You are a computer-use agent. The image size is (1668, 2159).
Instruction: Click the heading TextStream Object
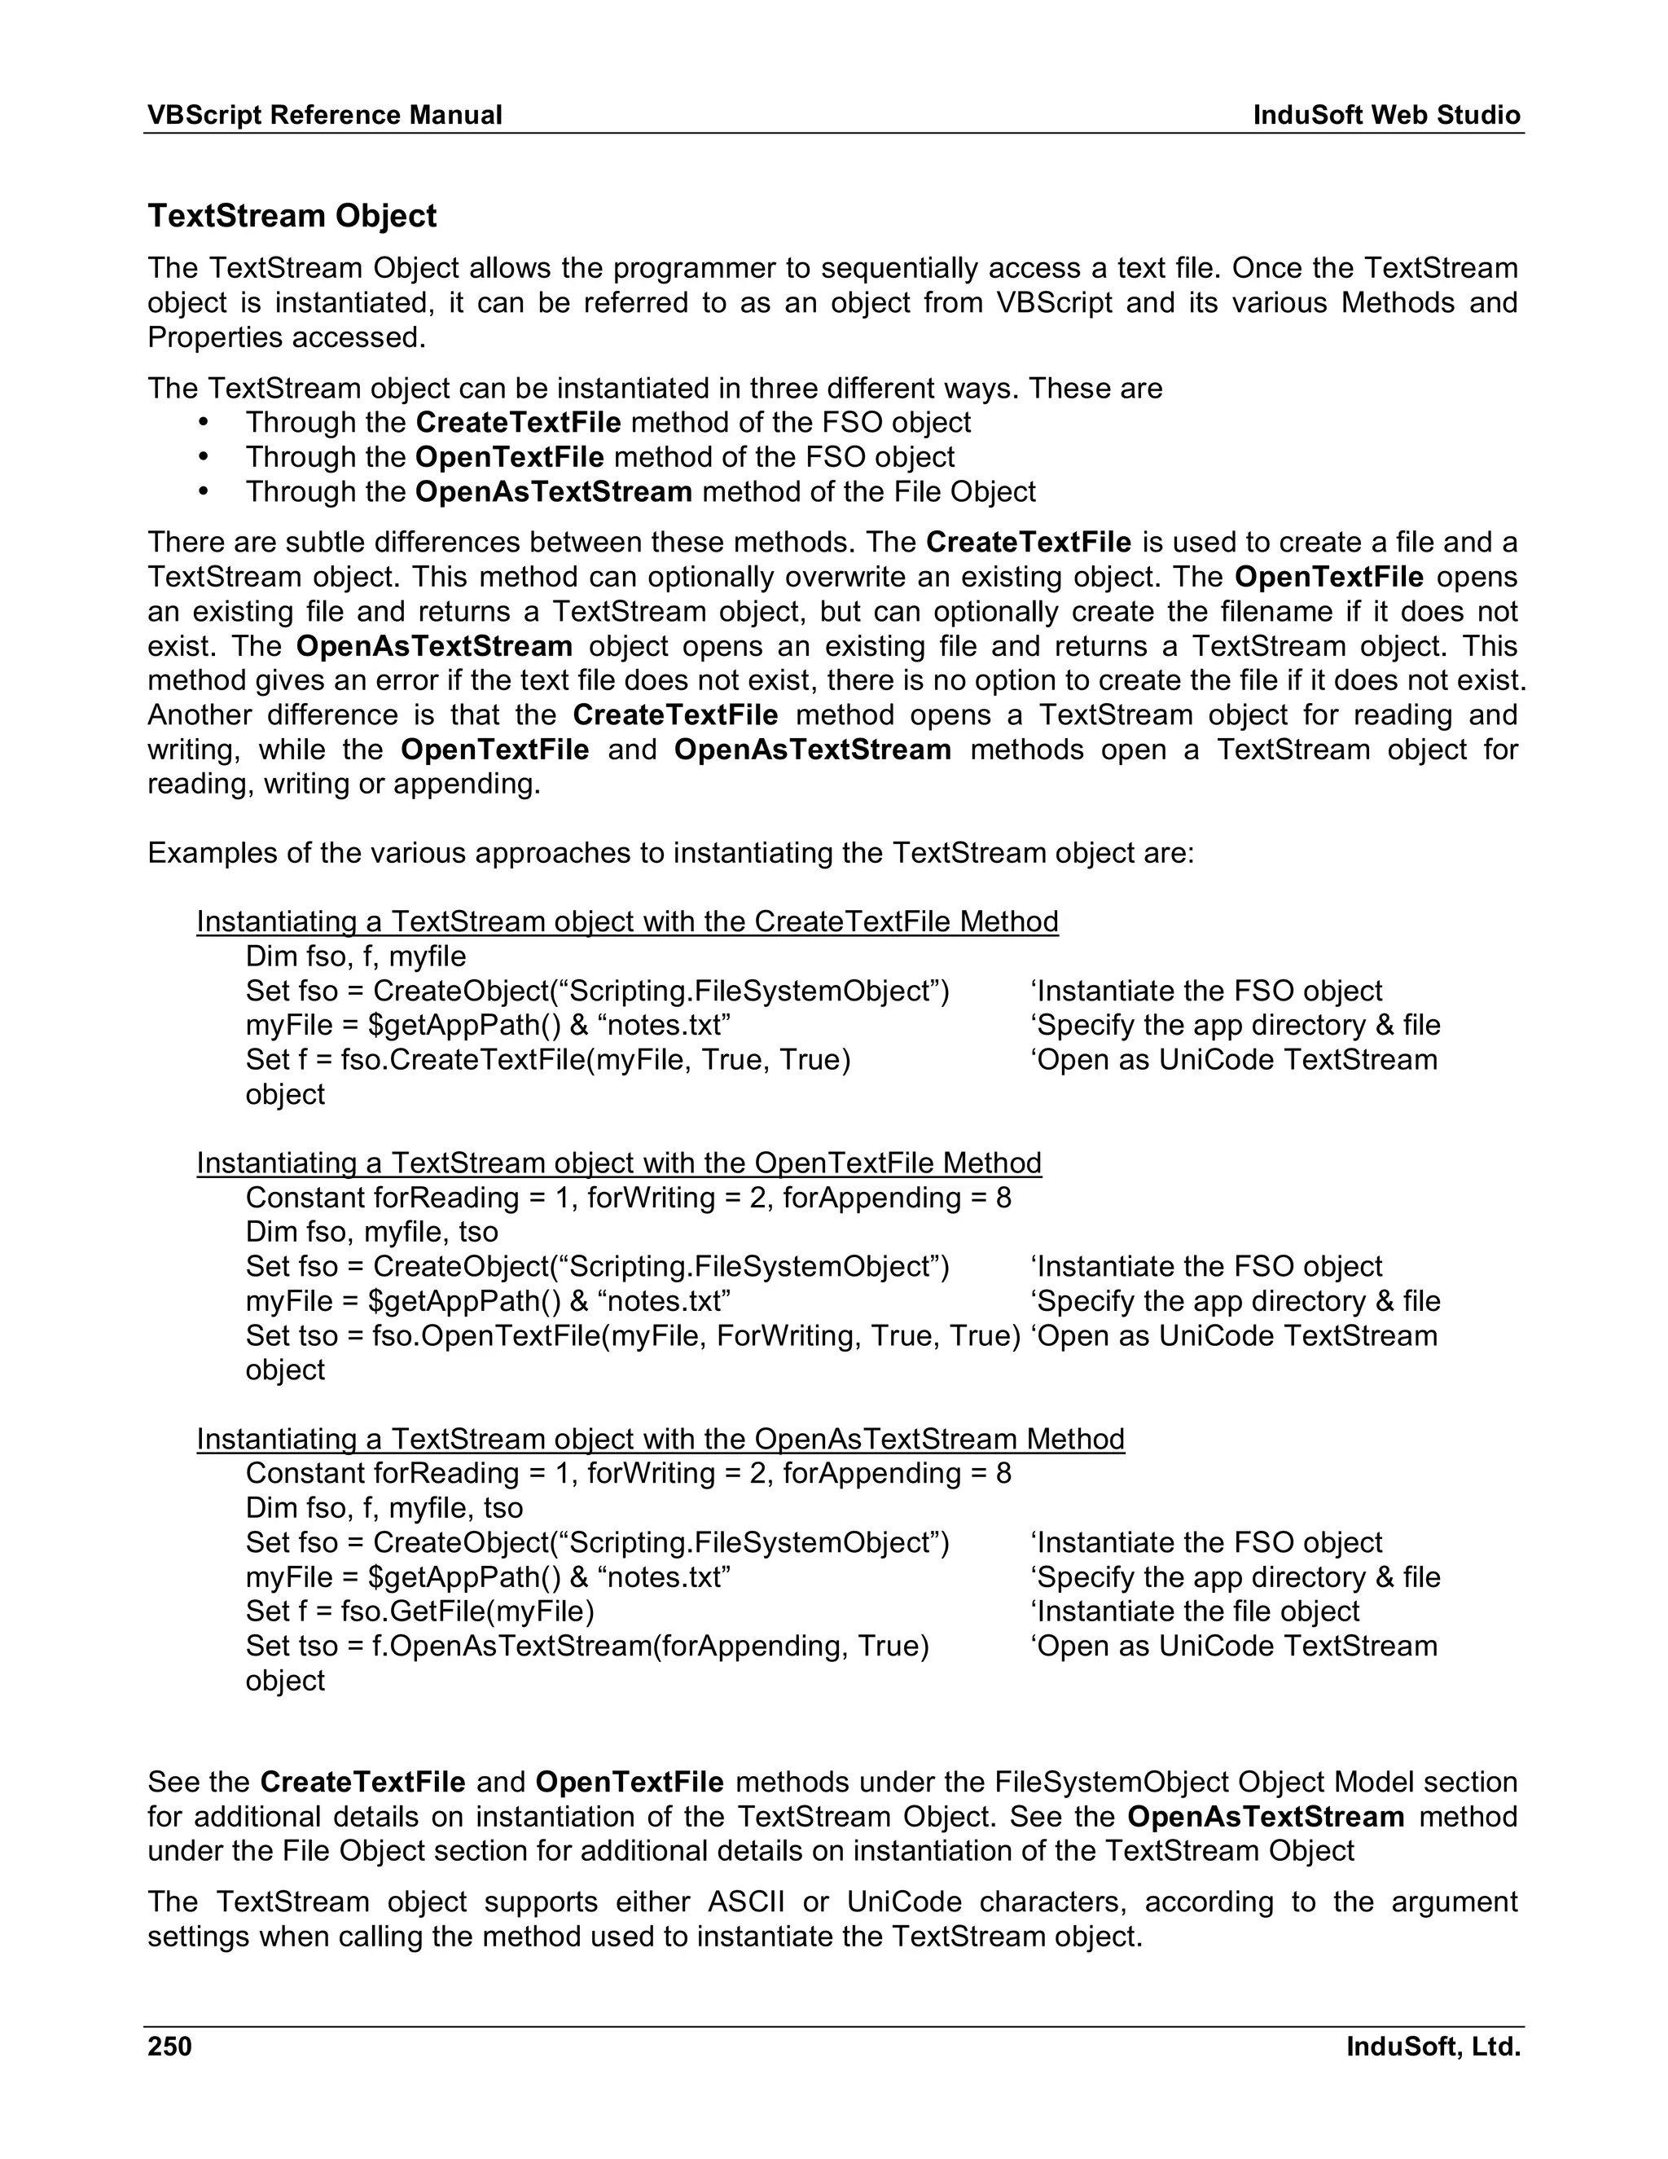(x=292, y=216)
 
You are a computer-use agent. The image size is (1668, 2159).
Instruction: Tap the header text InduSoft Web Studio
(x=1386, y=116)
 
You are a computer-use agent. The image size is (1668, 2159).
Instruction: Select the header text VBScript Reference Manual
(x=324, y=116)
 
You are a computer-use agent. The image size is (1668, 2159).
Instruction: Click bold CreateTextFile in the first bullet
(x=518, y=423)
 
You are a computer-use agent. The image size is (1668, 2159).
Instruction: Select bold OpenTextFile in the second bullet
(x=509, y=458)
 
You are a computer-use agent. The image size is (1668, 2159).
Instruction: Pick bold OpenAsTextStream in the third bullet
(x=553, y=492)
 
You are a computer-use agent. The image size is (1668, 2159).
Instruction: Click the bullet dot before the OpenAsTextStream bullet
(x=204, y=492)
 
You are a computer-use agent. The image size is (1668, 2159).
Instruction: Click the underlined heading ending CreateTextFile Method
(x=626, y=922)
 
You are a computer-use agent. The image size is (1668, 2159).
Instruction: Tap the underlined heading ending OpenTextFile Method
(x=619, y=1163)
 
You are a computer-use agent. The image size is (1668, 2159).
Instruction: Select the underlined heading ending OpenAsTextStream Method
(x=660, y=1440)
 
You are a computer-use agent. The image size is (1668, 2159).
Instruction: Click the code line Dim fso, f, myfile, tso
(x=384, y=1509)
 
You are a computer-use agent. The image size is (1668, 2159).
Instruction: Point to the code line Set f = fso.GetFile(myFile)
(x=420, y=1612)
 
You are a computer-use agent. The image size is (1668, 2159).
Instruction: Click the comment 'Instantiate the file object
(x=1195, y=1612)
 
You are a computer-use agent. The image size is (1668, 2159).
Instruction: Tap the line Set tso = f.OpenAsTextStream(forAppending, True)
(x=587, y=1647)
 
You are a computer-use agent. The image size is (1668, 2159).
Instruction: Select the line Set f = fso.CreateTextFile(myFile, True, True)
(x=547, y=1061)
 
